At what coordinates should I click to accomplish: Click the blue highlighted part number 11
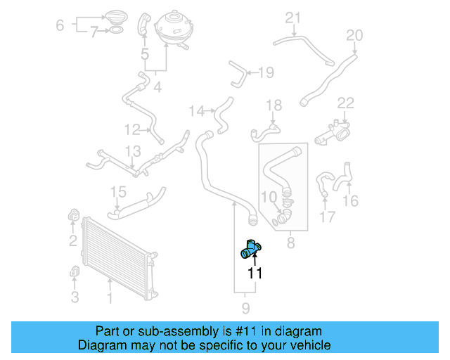[x=251, y=250]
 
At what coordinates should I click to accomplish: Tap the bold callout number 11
[x=255, y=274]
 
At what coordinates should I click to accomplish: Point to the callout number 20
[x=355, y=35]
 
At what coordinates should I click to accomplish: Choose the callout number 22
[x=345, y=104]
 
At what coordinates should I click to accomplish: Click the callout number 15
[x=118, y=192]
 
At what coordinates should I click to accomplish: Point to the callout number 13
[x=133, y=151]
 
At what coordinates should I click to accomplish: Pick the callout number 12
[x=132, y=129]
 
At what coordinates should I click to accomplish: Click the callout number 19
[x=266, y=72]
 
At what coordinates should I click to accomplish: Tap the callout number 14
[x=196, y=110]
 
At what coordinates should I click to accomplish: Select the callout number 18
[x=274, y=105]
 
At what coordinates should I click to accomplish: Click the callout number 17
[x=328, y=217]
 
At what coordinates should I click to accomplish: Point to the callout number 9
[x=245, y=307]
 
